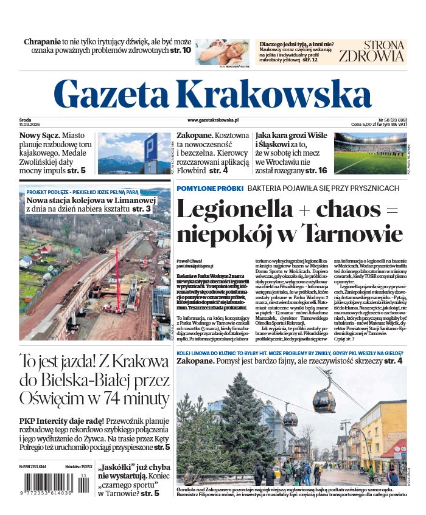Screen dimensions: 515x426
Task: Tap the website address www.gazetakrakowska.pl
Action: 212,121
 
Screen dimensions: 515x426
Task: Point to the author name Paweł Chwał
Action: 189,260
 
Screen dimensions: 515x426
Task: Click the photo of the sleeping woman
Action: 222,51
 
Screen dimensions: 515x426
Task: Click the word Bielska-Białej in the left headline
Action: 86,381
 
